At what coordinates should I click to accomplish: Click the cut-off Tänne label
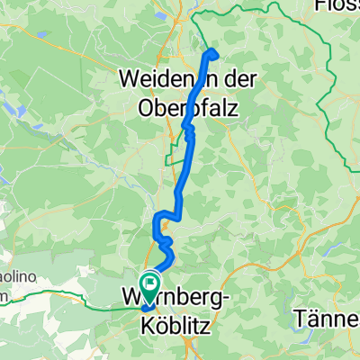coord(329,319)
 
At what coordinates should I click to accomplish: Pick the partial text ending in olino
coord(13,279)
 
